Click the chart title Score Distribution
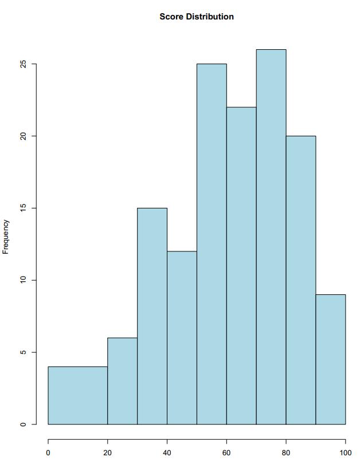pos(197,17)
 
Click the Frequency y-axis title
pos(6,237)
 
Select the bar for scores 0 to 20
pos(77,395)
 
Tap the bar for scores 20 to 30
pos(122,381)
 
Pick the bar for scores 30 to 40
pos(152,316)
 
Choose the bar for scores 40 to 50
pos(182,338)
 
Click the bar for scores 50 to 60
pos(212,244)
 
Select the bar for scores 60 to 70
pos(241,266)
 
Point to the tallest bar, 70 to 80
pos(271,237)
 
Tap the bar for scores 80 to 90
pos(301,280)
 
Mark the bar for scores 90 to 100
pos(331,359)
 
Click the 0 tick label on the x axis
pos(48,452)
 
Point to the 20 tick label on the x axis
pos(107,452)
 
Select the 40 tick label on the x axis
pos(167,452)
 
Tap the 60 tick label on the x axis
pos(226,452)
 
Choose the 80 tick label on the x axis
pos(286,452)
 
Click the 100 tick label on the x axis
pos(345,452)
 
